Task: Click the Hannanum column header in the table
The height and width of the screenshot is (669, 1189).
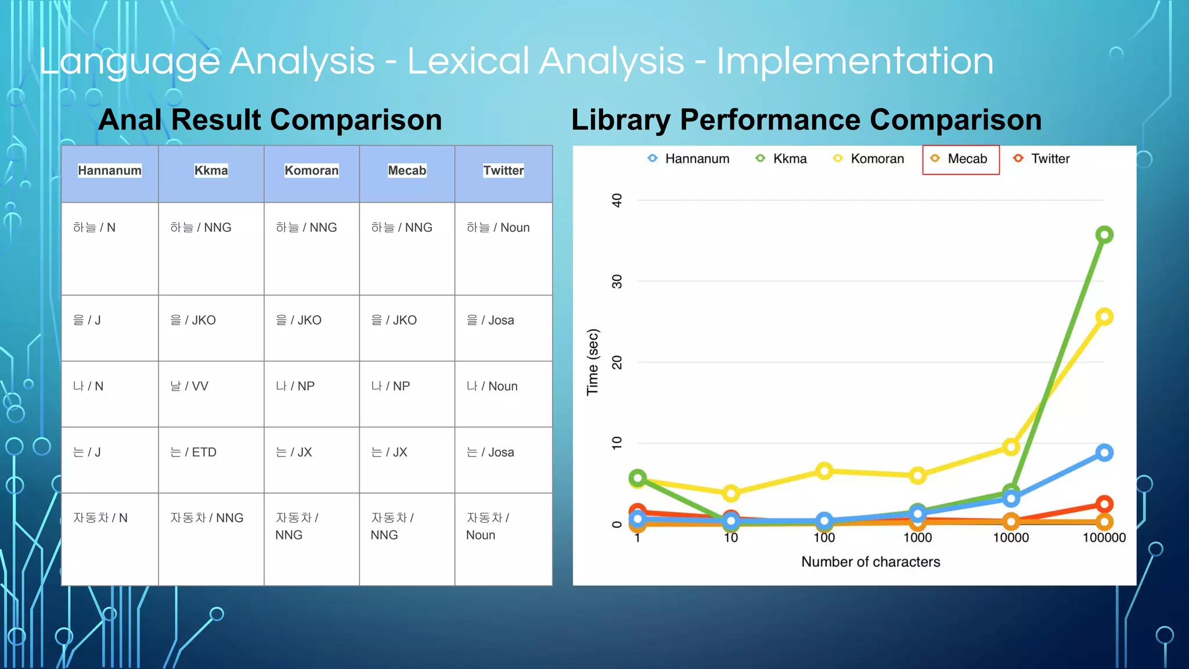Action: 110,171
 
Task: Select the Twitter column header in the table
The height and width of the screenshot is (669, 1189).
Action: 503,171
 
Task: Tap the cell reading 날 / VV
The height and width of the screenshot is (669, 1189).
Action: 189,386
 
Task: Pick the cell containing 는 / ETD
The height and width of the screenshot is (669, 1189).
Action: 193,452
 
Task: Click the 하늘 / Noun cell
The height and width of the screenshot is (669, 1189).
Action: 498,228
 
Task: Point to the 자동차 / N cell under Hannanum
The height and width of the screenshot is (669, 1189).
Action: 100,518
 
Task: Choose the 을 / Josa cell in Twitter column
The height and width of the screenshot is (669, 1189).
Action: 491,321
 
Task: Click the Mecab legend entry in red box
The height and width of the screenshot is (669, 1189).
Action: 960,159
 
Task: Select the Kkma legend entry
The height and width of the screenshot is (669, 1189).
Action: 782,159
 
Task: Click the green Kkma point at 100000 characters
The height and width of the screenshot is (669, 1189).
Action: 1104,235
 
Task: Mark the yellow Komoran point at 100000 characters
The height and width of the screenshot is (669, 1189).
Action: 1104,317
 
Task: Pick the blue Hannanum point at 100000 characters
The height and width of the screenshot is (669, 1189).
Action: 1104,453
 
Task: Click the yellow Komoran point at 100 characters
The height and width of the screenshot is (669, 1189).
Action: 824,471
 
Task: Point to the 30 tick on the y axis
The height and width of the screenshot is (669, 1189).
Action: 617,282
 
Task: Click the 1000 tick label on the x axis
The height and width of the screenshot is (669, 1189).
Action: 917,538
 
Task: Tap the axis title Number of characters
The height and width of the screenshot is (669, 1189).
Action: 870,562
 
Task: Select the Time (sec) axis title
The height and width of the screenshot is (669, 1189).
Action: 593,362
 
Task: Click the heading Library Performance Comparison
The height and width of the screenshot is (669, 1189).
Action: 806,120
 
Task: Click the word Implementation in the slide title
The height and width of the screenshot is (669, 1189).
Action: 855,62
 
